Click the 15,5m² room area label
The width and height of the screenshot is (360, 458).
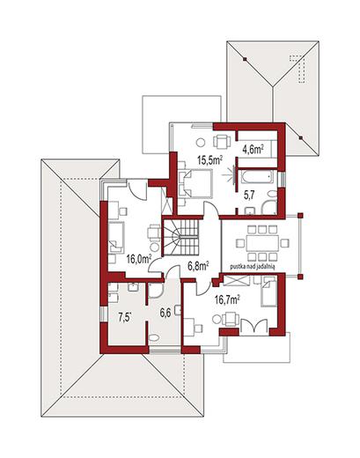coord(209,160)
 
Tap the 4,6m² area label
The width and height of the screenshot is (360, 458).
coord(253,150)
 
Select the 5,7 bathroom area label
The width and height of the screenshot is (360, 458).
coord(249,195)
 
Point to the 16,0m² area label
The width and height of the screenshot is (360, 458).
coord(139,259)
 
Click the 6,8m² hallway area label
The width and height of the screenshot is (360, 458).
coord(198,266)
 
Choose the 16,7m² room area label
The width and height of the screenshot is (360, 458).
coord(227,299)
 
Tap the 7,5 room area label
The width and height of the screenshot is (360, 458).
coord(124,318)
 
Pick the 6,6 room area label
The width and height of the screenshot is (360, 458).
coord(165,313)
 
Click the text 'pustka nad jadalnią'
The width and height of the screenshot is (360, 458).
coord(252,267)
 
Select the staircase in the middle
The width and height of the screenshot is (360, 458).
coord(181,237)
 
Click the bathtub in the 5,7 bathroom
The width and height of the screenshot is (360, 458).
coord(257,177)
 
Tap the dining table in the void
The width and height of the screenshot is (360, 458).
coord(262,243)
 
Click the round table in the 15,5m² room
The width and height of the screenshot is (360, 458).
coord(201,143)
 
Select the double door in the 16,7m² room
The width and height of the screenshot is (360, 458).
coord(253,326)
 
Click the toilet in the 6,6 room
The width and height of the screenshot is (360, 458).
coord(154,337)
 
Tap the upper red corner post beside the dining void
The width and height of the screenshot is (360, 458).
coord(300,216)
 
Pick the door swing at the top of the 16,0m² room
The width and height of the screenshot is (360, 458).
coord(137,190)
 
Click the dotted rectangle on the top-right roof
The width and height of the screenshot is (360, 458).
coord(298,68)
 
